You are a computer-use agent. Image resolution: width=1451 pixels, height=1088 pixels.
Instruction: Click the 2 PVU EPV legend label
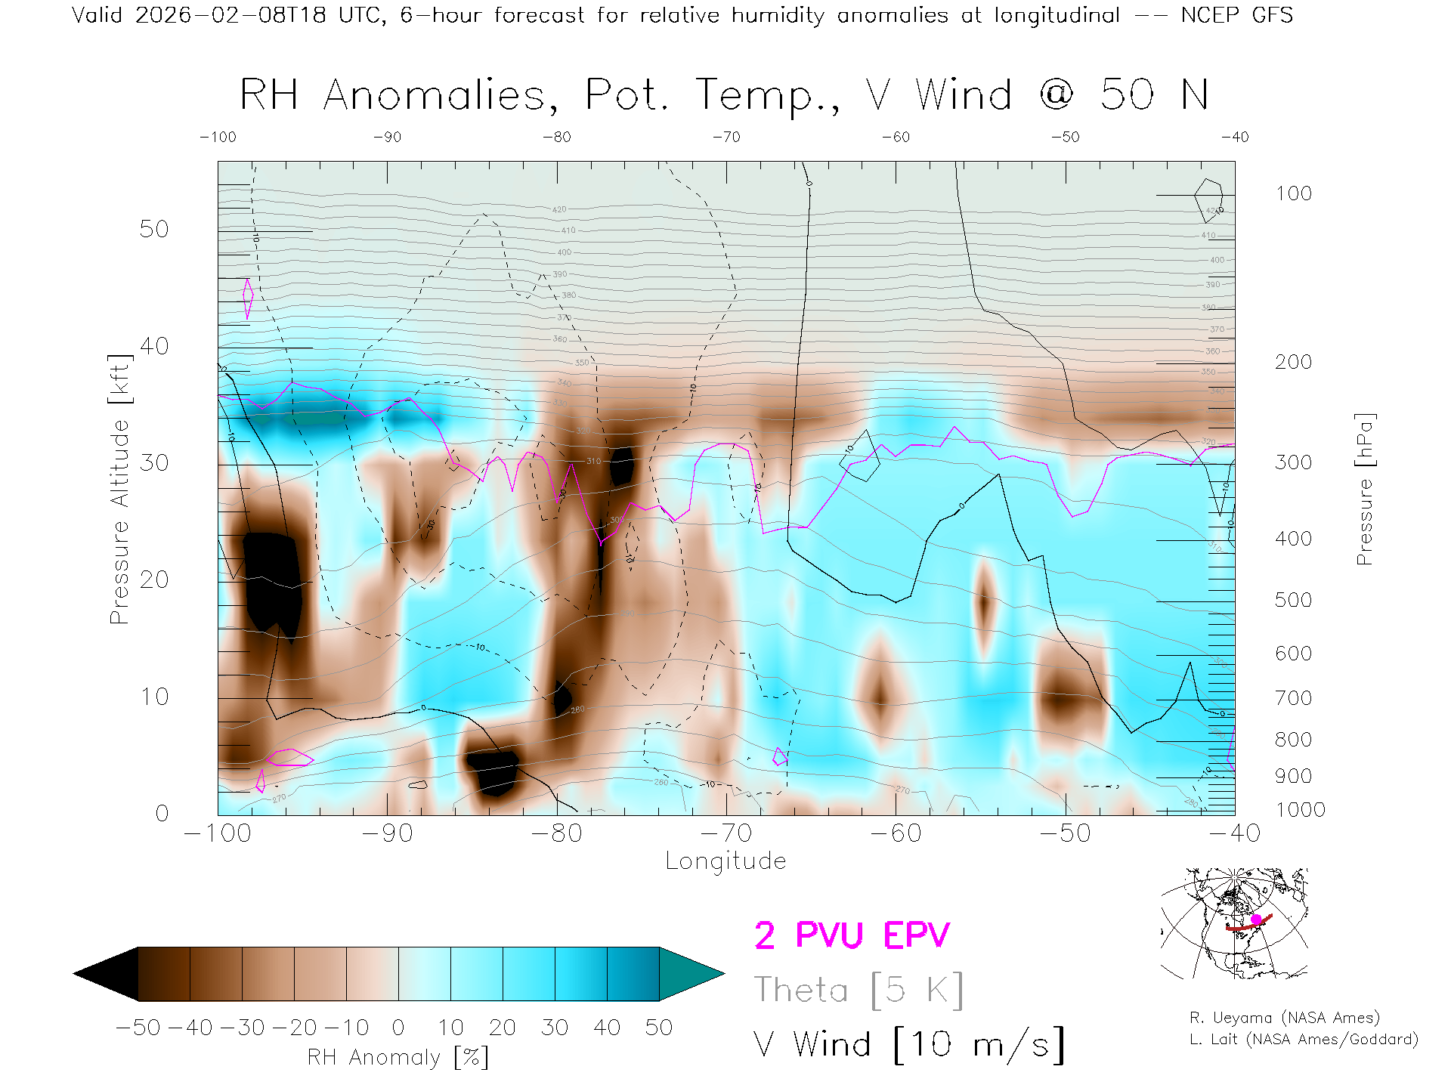(852, 935)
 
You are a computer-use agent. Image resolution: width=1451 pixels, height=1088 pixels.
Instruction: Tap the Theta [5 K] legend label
(859, 990)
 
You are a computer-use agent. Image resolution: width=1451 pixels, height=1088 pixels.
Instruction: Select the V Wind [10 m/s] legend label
(909, 1044)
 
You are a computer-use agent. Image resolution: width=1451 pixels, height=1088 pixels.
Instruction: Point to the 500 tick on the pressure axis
(1293, 600)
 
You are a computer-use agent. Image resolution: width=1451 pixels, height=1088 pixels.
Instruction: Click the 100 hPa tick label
(1293, 193)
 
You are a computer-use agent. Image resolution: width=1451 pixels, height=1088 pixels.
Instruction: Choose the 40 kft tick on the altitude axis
(154, 346)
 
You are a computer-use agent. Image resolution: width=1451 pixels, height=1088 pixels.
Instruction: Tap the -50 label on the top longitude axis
(1066, 138)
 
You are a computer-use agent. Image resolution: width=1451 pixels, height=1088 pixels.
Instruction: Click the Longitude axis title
(725, 861)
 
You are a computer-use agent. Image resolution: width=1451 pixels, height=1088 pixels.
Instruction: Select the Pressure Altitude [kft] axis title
(119, 489)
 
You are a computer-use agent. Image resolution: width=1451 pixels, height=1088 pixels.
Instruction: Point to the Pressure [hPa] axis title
(1364, 489)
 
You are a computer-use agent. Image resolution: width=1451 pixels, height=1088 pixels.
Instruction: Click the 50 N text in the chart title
(1154, 95)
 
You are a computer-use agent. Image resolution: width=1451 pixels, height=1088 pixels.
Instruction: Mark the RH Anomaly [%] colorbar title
(398, 1057)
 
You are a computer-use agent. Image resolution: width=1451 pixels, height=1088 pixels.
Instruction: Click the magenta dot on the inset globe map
(1256, 920)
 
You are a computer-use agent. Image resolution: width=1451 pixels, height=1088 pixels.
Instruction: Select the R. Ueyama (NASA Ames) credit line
(1284, 1018)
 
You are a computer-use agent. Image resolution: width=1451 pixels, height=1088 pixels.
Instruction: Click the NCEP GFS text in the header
(1236, 15)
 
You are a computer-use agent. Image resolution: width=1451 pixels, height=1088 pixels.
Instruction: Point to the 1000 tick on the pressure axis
(1300, 810)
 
